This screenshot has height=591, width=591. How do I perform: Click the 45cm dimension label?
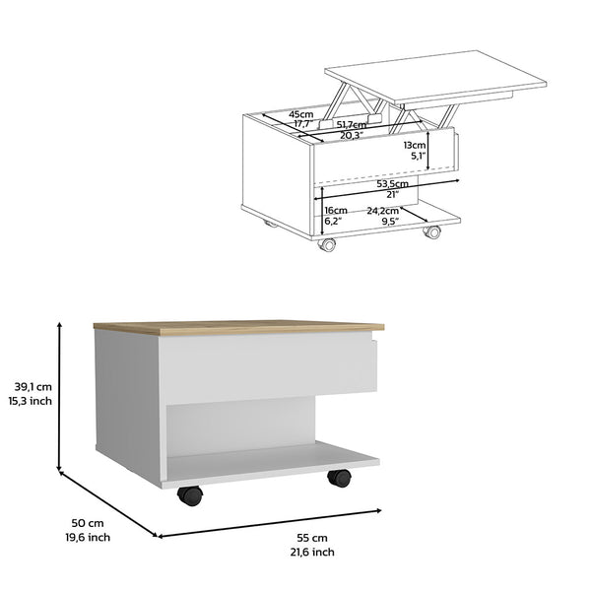click(x=301, y=114)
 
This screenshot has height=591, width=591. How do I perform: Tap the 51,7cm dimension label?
click(x=353, y=124)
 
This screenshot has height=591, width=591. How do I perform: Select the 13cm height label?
click(x=415, y=144)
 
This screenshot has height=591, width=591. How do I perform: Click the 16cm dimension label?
click(x=336, y=211)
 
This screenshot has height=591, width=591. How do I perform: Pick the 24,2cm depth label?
click(x=383, y=211)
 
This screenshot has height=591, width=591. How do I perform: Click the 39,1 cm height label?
click(x=31, y=387)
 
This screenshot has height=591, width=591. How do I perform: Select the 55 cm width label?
click(x=312, y=538)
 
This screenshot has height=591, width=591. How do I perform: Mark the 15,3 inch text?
click(x=32, y=401)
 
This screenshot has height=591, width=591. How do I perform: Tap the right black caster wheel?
click(x=339, y=479)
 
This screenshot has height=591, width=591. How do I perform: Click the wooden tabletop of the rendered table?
click(x=236, y=327)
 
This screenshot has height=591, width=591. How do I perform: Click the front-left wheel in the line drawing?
click(x=326, y=243)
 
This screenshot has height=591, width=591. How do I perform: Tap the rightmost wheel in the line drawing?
click(x=431, y=232)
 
